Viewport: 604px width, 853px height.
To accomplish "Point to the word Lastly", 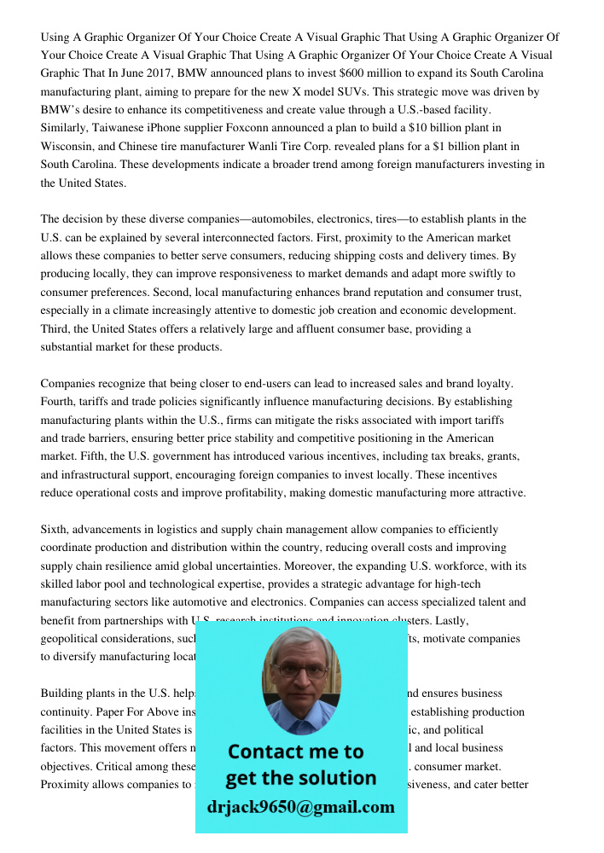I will point(448,620).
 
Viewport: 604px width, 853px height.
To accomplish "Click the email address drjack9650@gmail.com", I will point(300,807).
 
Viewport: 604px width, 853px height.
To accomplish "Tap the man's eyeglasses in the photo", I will point(300,670).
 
